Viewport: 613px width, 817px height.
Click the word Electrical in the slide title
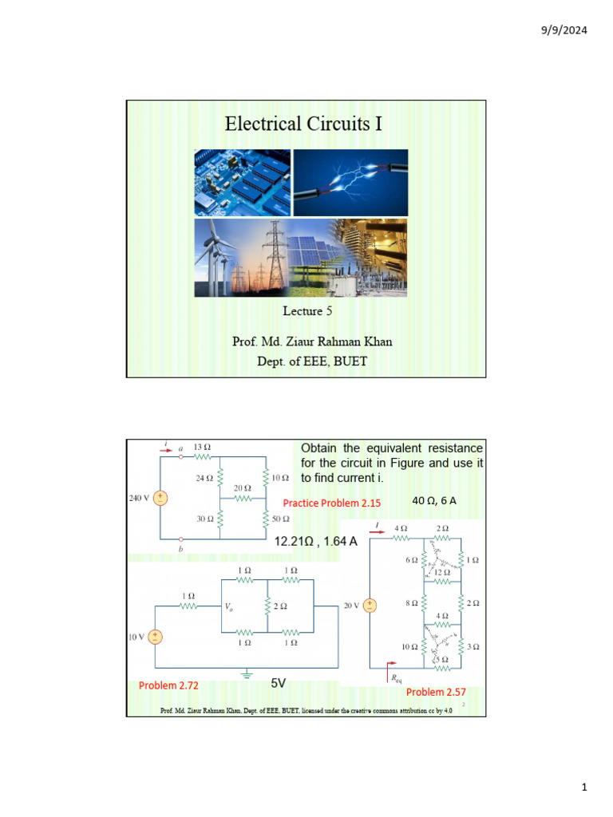262,124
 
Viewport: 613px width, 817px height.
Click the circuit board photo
242,183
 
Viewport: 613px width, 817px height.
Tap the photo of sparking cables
350,183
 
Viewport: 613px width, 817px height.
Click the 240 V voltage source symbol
160,498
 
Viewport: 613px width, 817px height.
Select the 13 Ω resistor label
202,448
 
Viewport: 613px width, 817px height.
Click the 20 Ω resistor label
243,487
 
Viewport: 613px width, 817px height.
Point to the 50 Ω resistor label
281,519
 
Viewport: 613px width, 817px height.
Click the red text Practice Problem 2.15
332,503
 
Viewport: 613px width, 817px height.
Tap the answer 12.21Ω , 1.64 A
315,542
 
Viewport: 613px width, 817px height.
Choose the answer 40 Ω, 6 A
434,501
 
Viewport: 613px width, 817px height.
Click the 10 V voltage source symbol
156,637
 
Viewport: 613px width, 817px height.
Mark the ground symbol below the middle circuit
247,675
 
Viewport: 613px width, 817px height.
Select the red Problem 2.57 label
436,692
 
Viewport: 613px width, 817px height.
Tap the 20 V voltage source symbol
370,606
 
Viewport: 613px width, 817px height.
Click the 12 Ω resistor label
442,572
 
